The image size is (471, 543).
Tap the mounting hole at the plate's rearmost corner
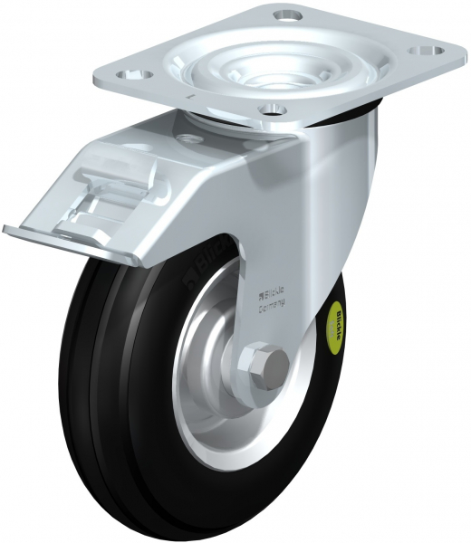pyautogui.click(x=288, y=15)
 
